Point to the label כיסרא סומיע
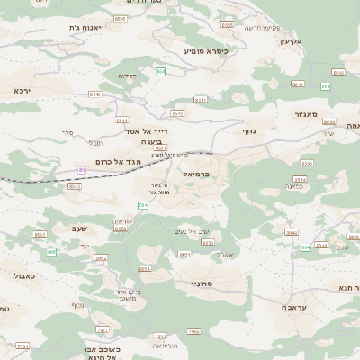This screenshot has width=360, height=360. (x=206, y=51)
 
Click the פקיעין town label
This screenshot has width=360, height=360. (x=288, y=40)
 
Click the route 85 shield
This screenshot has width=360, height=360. (x=82, y=169)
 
